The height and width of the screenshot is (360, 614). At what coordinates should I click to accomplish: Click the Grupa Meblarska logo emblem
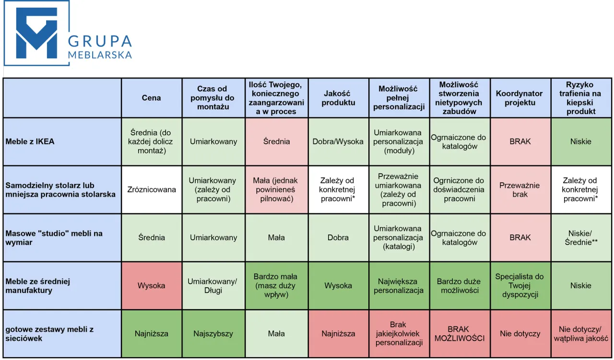(36, 33)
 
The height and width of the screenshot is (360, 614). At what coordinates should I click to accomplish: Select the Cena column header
(151, 98)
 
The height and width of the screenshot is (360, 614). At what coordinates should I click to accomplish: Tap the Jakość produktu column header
(338, 98)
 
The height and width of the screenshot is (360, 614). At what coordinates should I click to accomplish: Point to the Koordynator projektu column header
(520, 98)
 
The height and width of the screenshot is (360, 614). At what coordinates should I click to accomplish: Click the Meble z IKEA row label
(30, 141)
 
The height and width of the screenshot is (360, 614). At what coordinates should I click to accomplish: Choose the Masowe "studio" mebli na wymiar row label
(54, 238)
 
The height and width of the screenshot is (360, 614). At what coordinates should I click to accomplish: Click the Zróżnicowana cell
(151, 190)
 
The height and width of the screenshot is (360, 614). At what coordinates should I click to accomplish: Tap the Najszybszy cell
(213, 334)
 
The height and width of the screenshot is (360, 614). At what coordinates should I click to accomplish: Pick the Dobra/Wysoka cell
(338, 141)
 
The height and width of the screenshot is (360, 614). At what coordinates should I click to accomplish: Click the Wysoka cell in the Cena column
(151, 286)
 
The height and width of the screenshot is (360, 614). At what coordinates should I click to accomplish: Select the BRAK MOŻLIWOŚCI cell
(460, 334)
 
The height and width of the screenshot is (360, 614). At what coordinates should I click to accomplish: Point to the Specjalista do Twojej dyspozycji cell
(520, 286)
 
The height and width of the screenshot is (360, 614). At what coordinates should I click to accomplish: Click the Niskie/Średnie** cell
(581, 238)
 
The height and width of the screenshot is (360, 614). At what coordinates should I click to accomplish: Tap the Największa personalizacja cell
(398, 286)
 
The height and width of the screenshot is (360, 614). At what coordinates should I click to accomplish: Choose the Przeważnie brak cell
(520, 190)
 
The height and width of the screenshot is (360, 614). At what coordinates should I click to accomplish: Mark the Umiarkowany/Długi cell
(213, 286)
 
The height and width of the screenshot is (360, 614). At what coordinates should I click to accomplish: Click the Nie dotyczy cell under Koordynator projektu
(520, 334)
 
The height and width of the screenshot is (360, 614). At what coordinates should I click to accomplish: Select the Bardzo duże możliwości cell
(460, 286)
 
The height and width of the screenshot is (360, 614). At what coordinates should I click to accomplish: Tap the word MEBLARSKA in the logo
(100, 55)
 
